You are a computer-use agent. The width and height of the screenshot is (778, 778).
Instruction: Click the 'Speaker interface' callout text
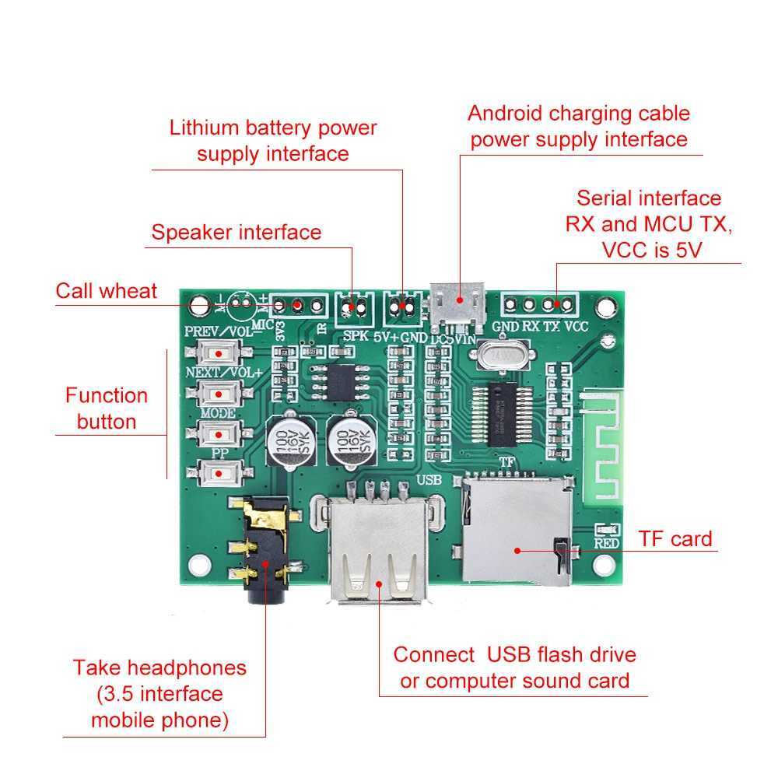tap(236, 232)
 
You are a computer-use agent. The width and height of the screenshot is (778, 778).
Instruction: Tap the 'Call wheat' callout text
tap(106, 291)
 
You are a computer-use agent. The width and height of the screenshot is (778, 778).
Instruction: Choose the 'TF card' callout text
tap(675, 538)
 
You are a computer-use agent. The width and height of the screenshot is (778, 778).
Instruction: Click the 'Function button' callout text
tap(106, 408)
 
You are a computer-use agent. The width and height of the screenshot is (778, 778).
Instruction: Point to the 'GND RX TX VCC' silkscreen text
tap(541, 327)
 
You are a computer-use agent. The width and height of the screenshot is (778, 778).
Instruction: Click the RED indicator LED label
tap(607, 543)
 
